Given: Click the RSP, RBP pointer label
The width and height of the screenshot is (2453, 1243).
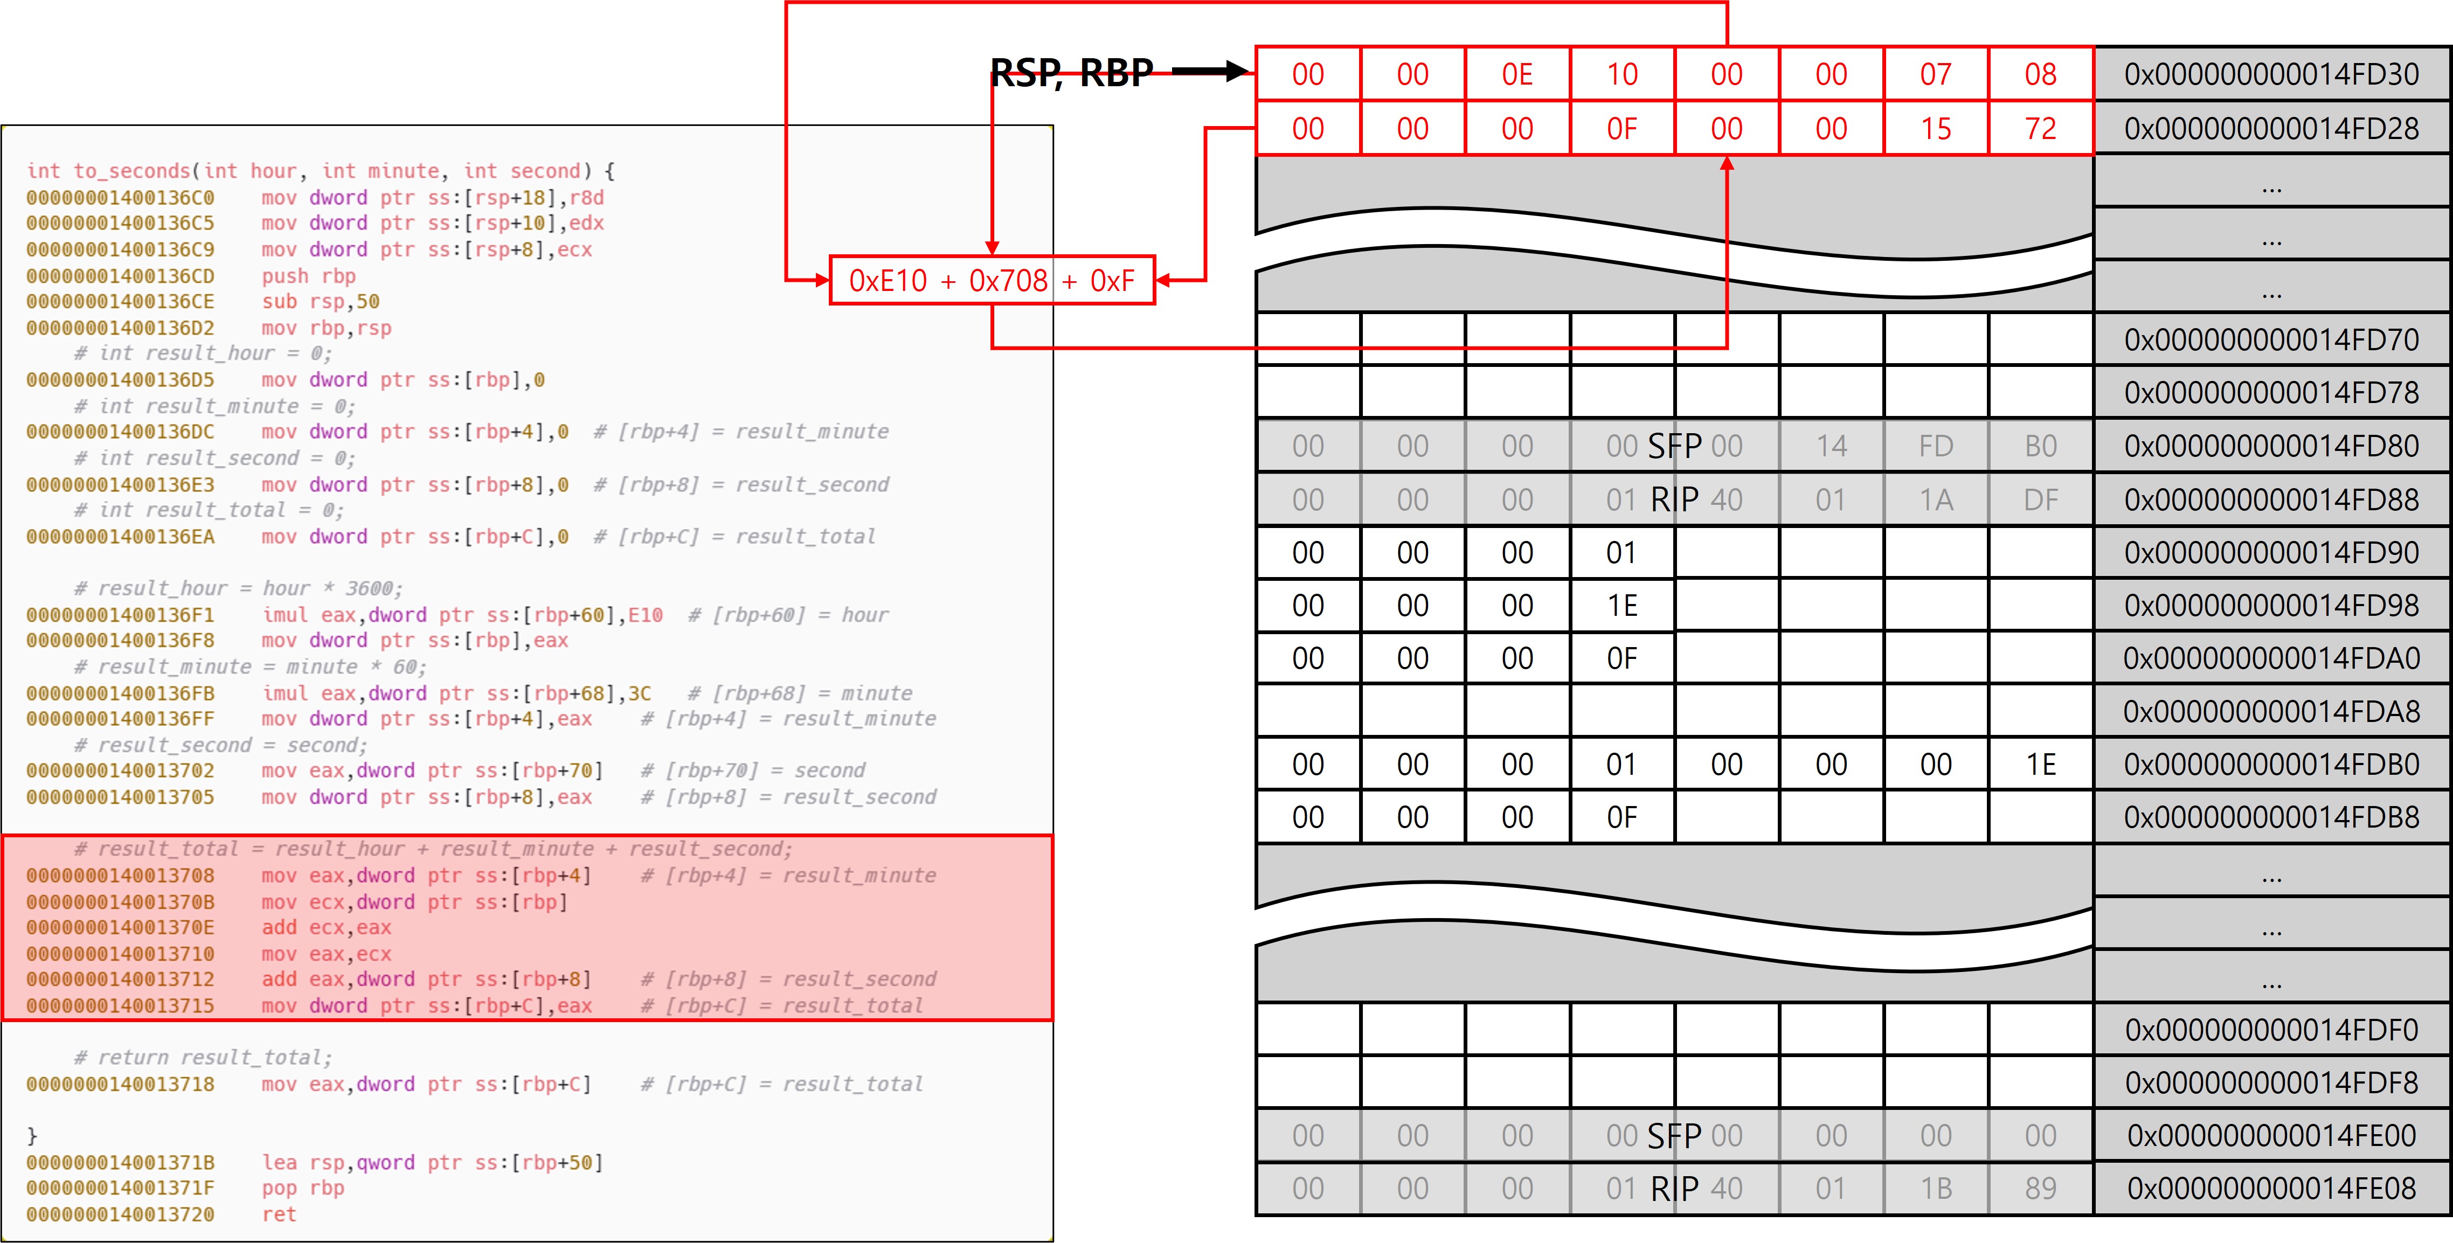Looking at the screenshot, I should [1071, 72].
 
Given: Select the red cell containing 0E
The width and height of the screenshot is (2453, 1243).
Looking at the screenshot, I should [1517, 74].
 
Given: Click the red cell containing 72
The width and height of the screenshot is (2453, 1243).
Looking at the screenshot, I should [2040, 128].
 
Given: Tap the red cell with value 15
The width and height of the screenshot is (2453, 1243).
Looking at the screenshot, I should [1935, 128].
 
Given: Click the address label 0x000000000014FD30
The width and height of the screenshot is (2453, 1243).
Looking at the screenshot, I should [2271, 74].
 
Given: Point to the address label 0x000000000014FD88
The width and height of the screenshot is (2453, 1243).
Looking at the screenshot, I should [2271, 499].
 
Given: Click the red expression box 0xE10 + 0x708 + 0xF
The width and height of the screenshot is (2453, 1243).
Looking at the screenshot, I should [992, 281].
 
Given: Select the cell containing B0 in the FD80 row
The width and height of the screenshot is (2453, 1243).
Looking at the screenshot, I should [2040, 446].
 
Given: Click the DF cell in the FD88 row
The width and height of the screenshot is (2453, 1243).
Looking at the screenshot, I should [2040, 499].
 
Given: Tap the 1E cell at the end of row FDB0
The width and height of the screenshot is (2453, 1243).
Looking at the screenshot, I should [2040, 764].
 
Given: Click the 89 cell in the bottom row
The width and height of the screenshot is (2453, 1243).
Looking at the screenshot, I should [2040, 1189].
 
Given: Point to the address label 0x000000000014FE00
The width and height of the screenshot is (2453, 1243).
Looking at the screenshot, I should [2271, 1135].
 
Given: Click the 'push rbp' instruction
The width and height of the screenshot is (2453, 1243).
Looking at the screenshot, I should [309, 276].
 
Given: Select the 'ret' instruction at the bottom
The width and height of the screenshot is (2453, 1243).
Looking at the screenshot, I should [279, 1214].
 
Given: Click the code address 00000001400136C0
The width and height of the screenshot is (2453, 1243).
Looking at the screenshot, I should [120, 198].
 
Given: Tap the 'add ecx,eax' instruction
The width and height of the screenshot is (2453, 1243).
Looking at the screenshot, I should [327, 928].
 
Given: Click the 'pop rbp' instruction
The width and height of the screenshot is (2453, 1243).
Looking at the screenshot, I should [303, 1188].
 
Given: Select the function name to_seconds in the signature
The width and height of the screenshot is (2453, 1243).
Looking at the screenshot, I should [131, 171].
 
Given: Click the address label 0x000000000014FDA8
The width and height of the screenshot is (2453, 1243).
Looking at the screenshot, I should [2271, 712].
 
